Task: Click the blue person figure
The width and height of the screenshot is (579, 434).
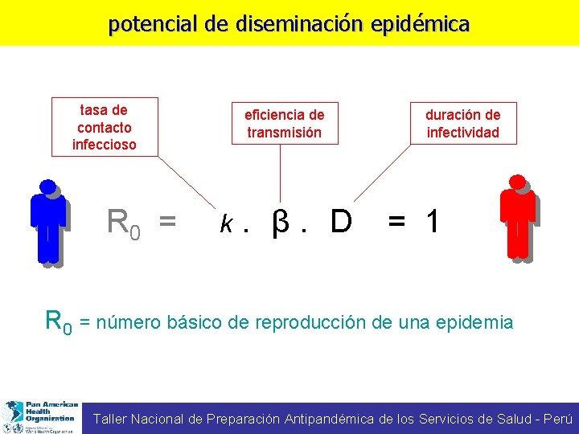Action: [x=48, y=222]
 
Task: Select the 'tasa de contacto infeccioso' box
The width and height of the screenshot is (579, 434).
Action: [x=105, y=127]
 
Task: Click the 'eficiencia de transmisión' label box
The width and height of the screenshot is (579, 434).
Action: [x=284, y=124]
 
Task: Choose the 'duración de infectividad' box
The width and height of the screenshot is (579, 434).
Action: [x=463, y=124]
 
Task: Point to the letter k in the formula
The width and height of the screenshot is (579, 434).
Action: [x=228, y=223]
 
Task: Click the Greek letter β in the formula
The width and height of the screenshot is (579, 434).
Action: [x=280, y=223]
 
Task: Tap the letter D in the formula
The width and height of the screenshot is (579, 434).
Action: [x=341, y=222]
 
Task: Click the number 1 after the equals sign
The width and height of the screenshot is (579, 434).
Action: [x=433, y=222]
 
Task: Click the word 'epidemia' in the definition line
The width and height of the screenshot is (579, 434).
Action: [x=474, y=322]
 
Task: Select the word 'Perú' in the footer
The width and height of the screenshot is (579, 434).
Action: [x=558, y=419]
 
